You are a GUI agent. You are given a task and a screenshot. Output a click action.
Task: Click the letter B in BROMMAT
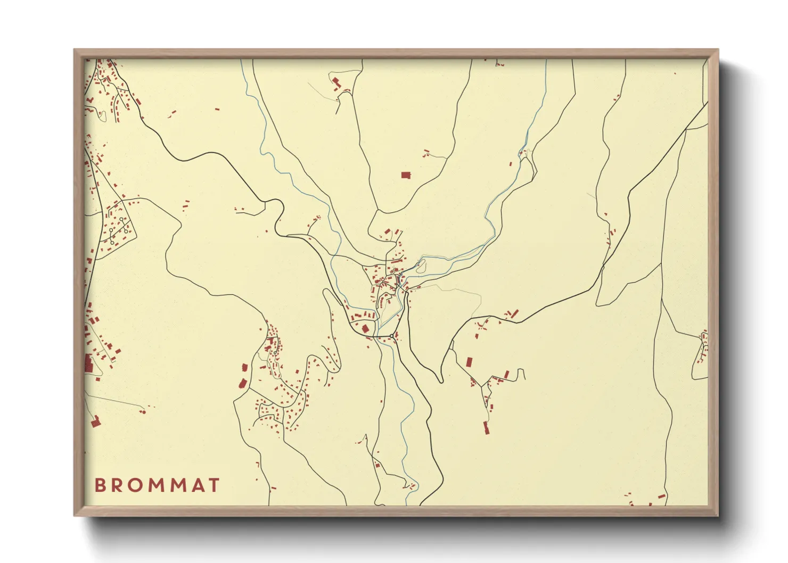coord(100,485)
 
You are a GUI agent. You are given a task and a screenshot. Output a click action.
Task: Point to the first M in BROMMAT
coord(160,485)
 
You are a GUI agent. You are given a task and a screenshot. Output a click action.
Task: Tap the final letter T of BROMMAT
coord(215,485)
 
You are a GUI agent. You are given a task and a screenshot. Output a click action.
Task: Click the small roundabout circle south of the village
coord(391,335)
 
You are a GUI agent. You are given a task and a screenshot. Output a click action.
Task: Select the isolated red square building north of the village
coord(406,175)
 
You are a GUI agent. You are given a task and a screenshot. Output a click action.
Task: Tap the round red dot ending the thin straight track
coord(143,412)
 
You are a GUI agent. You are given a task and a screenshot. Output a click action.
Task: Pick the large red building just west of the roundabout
coord(366,328)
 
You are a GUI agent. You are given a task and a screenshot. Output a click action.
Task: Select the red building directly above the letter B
coord(96,422)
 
